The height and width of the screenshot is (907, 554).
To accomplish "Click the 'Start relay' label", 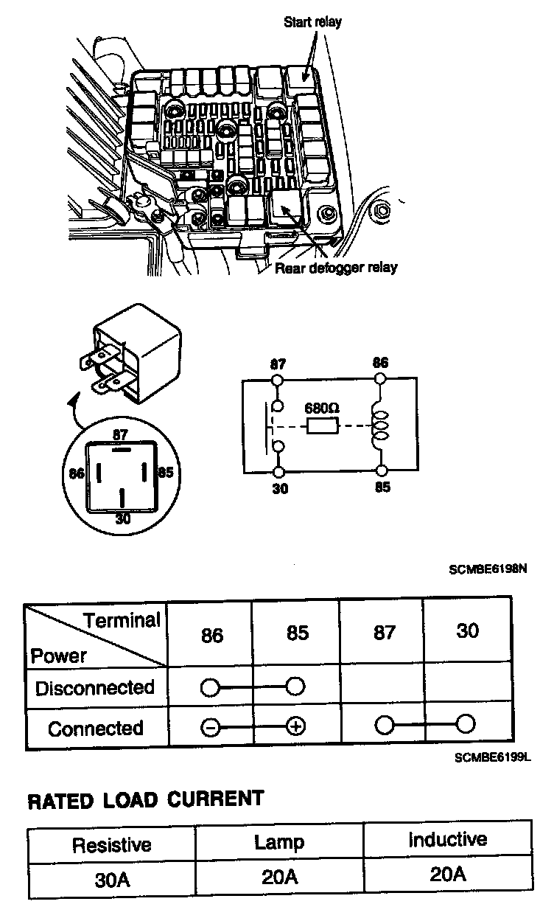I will (x=312, y=22).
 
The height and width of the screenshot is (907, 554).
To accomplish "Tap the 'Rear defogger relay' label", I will (x=336, y=267).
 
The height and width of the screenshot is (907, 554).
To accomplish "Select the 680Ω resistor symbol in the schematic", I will (x=321, y=426).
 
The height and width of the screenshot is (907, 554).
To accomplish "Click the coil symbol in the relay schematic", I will (x=381, y=426).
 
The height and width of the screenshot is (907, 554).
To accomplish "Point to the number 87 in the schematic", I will (x=278, y=364).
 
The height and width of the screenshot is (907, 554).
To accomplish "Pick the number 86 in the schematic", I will (x=381, y=364).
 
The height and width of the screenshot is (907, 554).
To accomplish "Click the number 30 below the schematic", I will (x=279, y=488).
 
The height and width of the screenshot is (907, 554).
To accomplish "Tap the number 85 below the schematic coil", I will (x=382, y=488).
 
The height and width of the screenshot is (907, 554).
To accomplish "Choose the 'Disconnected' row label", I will (x=95, y=689).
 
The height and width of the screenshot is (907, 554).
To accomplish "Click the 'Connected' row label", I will (x=95, y=729).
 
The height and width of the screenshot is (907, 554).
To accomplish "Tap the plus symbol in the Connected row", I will (x=295, y=728).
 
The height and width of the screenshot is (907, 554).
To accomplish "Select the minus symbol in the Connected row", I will (x=210, y=728).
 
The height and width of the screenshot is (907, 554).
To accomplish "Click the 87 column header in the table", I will (x=385, y=633).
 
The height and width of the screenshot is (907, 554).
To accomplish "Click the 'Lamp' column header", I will (x=279, y=842).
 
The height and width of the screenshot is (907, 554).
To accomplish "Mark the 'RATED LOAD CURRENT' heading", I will (x=145, y=799).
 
